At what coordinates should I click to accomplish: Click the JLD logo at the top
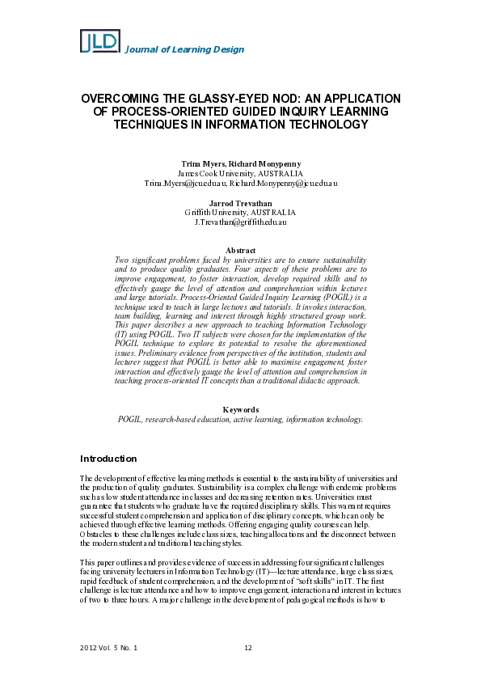(99, 41)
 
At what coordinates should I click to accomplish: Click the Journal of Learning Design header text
(184, 50)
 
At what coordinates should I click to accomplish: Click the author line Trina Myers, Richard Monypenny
(240, 164)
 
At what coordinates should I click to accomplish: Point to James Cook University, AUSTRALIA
(240, 174)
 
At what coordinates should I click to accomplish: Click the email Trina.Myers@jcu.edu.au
(185, 184)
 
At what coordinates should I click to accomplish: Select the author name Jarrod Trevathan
(240, 203)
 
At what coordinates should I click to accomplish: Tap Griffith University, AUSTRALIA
(240, 213)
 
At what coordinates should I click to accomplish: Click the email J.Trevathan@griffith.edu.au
(241, 222)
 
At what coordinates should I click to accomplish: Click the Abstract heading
(240, 251)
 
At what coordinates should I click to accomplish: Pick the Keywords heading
(240, 410)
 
